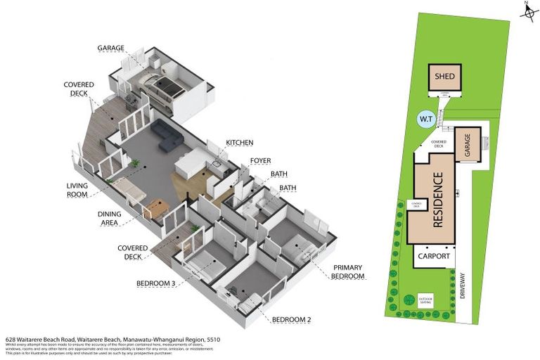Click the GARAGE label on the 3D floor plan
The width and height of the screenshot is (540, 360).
click(x=112, y=49)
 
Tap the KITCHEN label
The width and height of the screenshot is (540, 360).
click(x=239, y=143)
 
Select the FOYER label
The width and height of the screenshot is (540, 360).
click(x=260, y=161)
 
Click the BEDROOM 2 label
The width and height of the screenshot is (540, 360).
click(x=290, y=321)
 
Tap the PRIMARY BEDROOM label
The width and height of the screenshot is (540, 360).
click(x=348, y=272)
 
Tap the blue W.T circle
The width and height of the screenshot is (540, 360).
click(x=427, y=120)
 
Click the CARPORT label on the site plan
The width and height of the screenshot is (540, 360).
click(x=433, y=257)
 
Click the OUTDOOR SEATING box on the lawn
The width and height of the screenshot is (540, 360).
click(x=426, y=298)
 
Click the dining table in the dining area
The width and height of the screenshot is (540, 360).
click(x=157, y=208)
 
